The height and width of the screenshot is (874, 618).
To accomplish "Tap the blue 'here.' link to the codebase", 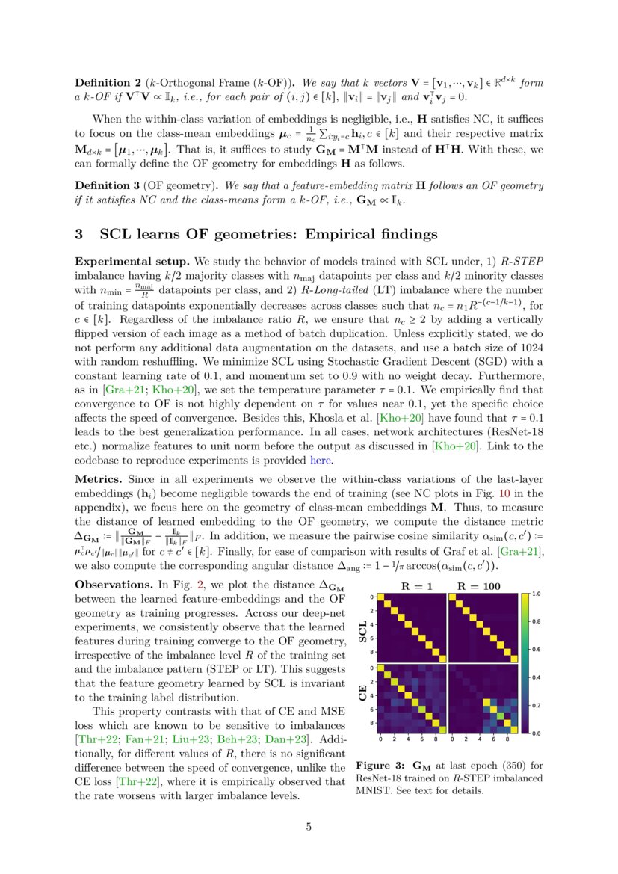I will tap(321, 461).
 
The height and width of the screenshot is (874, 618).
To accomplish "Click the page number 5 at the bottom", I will tap(309, 827).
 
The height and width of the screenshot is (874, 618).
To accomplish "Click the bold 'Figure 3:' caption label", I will tap(380, 766).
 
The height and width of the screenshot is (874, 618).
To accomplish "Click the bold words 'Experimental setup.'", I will tap(132, 262).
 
